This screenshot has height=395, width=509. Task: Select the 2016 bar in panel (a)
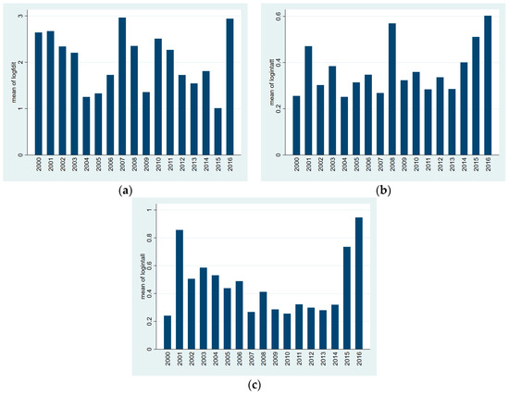point(230,87)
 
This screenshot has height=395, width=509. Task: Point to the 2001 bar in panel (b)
point(307,101)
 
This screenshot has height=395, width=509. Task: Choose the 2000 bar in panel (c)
point(167,333)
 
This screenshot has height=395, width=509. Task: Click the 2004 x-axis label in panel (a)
point(86,168)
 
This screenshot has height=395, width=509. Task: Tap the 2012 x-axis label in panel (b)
point(440,168)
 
